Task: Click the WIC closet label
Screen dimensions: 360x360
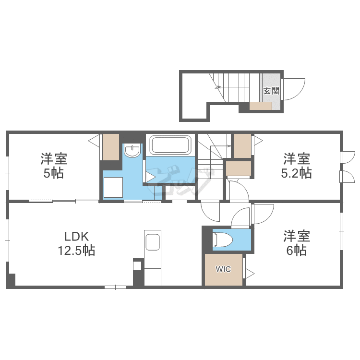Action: (223, 269)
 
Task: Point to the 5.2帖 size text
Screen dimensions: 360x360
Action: (296, 173)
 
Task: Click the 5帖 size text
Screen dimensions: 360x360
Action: (53, 173)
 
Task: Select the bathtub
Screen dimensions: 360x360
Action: (169, 144)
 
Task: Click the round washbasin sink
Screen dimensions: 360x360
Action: (132, 152)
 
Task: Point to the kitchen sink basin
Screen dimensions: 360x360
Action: (153, 242)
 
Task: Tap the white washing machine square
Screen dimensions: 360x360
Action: (113, 186)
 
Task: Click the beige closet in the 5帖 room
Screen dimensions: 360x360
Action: (110, 147)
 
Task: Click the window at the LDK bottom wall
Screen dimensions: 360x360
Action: (116, 287)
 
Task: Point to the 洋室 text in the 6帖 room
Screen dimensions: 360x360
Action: (296, 236)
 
